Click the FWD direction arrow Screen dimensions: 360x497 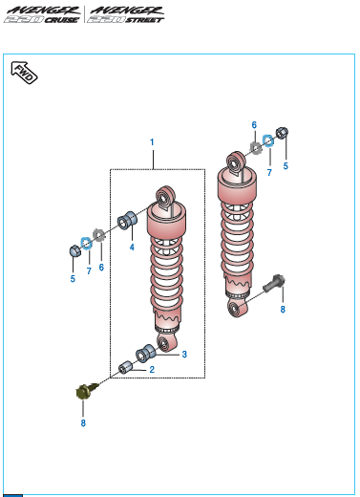coord(24,73)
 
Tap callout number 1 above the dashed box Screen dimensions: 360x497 coord(152,142)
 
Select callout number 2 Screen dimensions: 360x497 coord(152,370)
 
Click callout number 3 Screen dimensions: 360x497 coord(184,355)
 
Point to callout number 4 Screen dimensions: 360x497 coord(132,248)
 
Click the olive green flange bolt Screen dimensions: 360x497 coord(86,391)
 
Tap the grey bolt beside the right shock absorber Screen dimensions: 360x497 coord(274,283)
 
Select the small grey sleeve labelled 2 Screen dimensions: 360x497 coord(125,368)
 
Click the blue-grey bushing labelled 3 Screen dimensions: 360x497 coord(145,353)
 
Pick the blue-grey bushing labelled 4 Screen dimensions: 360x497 coord(127,220)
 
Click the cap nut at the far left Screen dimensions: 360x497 coord(75,250)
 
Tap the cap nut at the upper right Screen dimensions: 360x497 coord(282,133)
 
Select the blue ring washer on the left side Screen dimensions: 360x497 coord(86,244)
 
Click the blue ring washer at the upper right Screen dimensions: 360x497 coord(268,140)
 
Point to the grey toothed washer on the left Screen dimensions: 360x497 coord(99,235)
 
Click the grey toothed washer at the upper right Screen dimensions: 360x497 coord(256,147)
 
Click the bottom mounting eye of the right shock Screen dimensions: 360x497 coord(238,308)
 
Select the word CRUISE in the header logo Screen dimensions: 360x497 coord(62,20)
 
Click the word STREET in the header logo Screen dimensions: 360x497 coord(145,20)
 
